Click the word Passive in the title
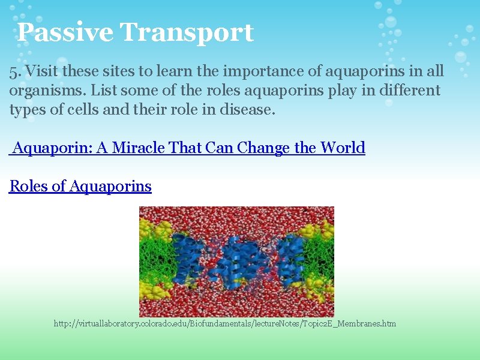pos(64,32)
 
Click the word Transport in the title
pos(187,32)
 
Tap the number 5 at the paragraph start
pos(13,71)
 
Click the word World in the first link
pos(343,148)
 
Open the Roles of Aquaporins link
pos(80,186)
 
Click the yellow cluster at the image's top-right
pos(318,231)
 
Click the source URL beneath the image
pos(225,324)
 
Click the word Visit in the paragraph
pos(39,71)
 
